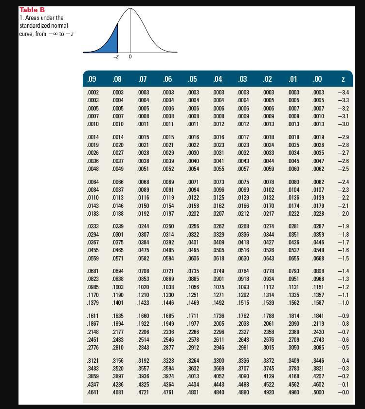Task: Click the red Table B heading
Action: [x=32, y=10]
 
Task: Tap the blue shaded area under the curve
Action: [x=111, y=42]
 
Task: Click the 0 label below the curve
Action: [x=130, y=56]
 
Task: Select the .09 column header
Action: [x=91, y=78]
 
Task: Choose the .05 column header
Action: [x=192, y=78]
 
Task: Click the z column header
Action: [x=343, y=78]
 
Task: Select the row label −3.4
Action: [x=343, y=92]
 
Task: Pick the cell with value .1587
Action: [x=318, y=302]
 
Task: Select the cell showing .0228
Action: [x=318, y=214]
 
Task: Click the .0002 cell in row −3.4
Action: [x=91, y=92]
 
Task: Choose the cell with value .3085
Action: [x=318, y=347]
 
